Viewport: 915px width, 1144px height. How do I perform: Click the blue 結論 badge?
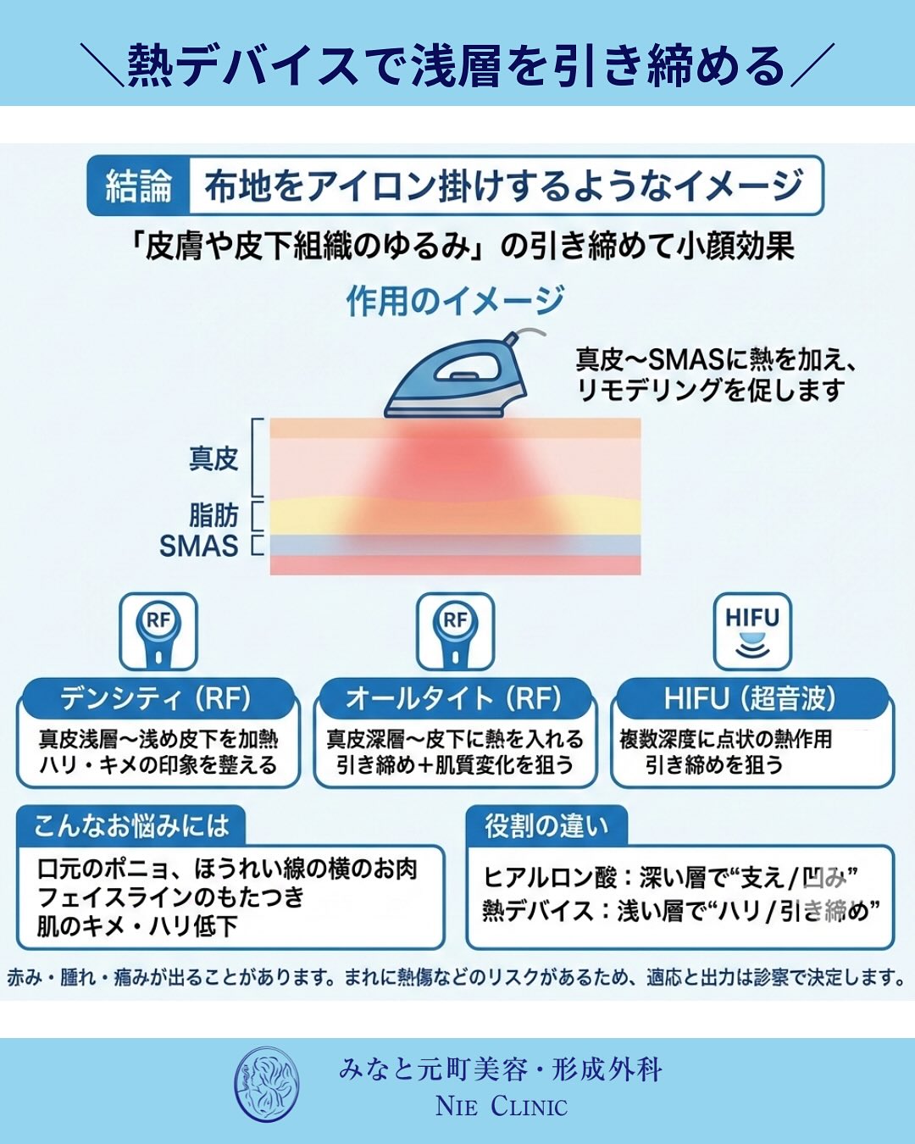(137, 186)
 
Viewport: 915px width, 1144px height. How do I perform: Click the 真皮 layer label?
(213, 458)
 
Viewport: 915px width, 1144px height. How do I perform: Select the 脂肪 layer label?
(213, 514)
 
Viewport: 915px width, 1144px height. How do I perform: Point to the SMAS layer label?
(199, 546)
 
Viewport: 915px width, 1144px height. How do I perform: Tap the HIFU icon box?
(751, 631)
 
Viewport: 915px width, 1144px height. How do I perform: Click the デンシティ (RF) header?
(157, 698)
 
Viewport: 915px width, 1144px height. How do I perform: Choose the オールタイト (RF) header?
(454, 698)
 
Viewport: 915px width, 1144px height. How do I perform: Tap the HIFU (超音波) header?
(751, 698)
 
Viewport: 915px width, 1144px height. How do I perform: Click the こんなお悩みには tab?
(131, 825)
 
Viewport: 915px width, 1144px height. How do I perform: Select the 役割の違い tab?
(546, 825)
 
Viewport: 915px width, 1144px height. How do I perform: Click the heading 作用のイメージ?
(455, 301)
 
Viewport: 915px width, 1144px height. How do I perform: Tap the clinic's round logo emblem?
(266, 1085)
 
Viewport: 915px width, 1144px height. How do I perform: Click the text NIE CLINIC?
(502, 1106)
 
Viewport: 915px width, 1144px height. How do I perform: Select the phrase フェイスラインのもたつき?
(171, 897)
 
